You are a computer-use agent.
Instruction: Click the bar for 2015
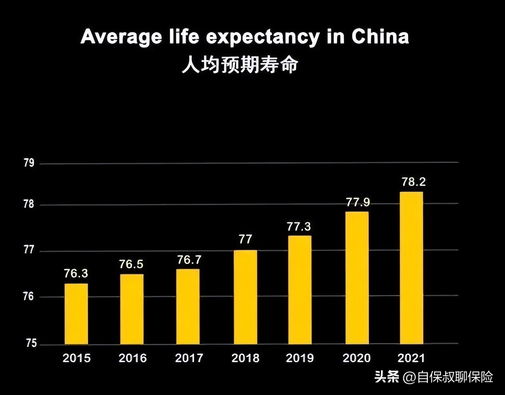pos(76,314)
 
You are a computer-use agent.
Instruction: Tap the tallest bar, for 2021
pos(411,268)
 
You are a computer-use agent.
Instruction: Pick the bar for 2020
pos(357,278)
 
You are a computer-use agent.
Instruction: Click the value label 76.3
pos(76,273)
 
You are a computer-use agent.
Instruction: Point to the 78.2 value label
pos(413,182)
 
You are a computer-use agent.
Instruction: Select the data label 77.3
pos(299,227)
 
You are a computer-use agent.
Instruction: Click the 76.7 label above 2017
pos(189,260)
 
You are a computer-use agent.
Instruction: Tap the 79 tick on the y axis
pos(29,163)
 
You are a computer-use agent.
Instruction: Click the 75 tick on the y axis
pos(31,343)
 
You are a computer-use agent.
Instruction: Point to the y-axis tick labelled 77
pos(29,250)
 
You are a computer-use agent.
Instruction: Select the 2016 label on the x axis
pos(132,358)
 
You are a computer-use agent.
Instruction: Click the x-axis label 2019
pos(300,358)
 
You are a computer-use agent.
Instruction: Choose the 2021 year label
pos(411,358)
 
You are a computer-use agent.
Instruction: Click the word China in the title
pos(380,37)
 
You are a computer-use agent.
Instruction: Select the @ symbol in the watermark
pos(409,377)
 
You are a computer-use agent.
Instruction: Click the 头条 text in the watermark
pos(387,377)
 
